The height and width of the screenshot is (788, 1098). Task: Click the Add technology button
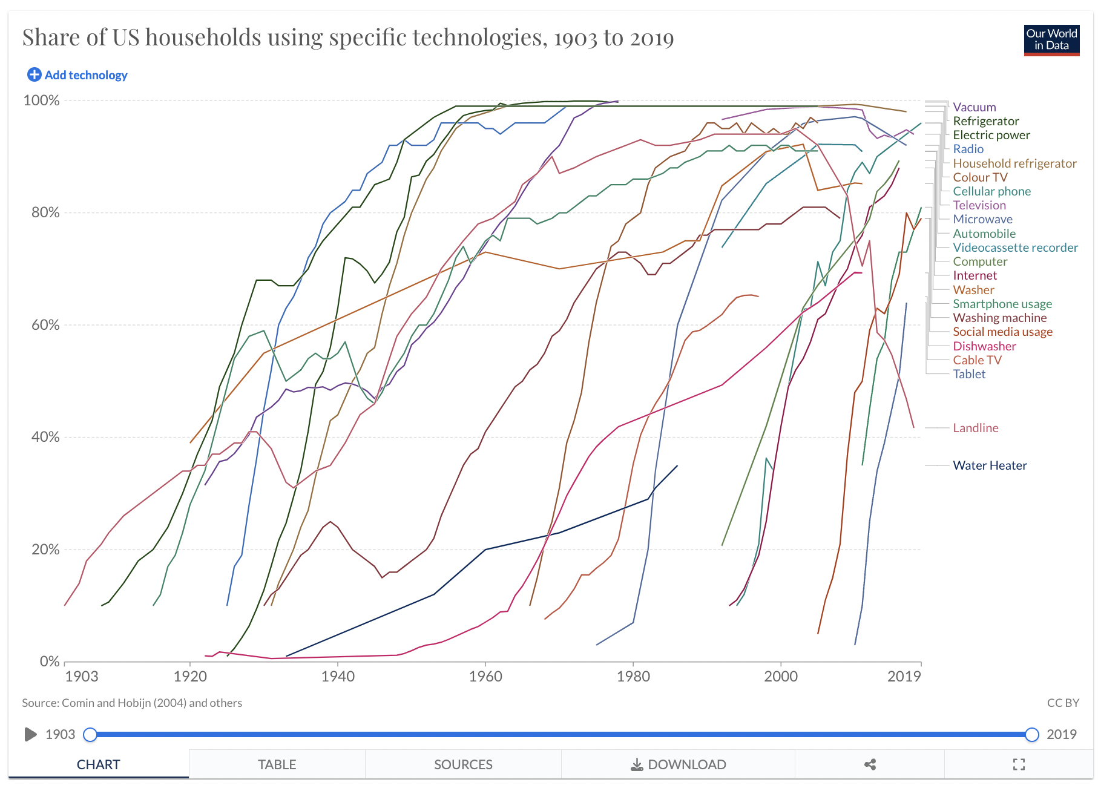tap(77, 75)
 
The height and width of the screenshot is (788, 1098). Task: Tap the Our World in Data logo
tap(1051, 40)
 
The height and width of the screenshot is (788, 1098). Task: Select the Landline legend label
tap(975, 428)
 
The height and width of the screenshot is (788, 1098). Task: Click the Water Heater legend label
tap(990, 465)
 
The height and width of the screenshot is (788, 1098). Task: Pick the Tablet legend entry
tap(969, 374)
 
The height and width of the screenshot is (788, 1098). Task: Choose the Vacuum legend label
tap(974, 107)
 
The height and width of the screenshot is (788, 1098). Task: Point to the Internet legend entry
tap(975, 275)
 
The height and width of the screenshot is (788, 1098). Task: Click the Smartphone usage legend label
tap(1002, 304)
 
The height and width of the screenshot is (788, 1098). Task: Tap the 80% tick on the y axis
tap(45, 212)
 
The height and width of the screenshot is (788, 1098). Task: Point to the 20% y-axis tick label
tap(45, 550)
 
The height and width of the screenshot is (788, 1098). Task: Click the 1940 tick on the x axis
tap(338, 677)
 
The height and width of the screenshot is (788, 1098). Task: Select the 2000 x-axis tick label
tap(780, 677)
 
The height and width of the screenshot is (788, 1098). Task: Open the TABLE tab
tap(277, 764)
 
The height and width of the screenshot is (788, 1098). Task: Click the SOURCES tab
tap(463, 764)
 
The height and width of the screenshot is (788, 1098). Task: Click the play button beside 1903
tap(30, 734)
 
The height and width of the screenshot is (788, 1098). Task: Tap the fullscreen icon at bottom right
tap(1019, 764)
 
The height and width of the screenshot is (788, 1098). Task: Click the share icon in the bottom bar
tap(870, 764)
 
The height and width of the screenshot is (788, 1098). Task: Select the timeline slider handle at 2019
tap(1032, 734)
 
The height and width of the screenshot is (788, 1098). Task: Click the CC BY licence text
tap(1063, 703)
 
